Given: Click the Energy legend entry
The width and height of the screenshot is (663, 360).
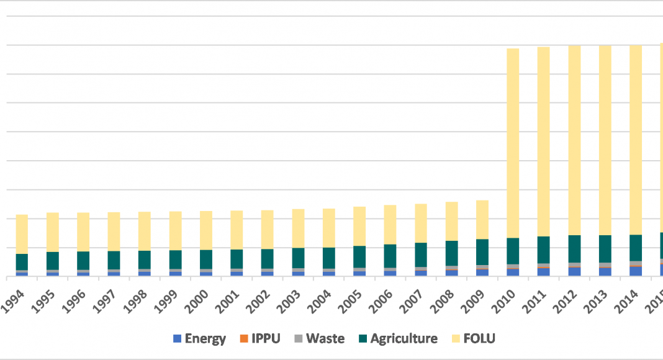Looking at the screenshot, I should click(199, 338).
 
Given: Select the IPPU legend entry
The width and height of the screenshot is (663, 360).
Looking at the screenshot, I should click(260, 338).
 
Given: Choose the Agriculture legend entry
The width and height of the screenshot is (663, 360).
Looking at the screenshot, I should click(398, 338).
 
